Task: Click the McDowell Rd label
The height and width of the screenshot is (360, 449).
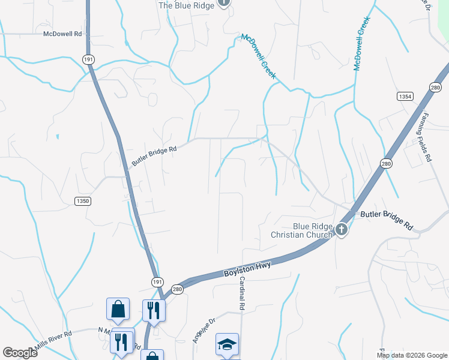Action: (62, 34)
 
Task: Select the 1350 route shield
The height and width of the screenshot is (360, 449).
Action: (83, 201)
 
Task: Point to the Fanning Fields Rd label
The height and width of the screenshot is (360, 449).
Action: (426, 138)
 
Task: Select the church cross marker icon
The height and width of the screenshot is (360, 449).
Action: (341, 229)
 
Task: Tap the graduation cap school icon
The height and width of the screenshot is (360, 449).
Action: (227, 344)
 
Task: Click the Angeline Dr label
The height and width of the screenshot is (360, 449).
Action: (203, 330)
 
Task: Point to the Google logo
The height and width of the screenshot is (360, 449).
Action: (20, 353)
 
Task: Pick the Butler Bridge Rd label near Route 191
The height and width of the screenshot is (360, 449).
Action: (154, 157)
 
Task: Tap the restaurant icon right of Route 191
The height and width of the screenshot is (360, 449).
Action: (154, 310)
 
